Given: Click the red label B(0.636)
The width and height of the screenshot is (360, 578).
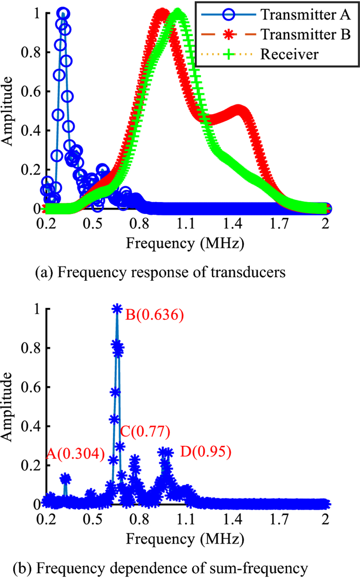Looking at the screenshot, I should pos(154,315).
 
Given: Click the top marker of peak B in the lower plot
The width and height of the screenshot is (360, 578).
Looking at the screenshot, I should pos(117,309).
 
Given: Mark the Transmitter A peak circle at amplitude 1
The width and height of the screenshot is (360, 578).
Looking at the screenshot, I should pos(63,13).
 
